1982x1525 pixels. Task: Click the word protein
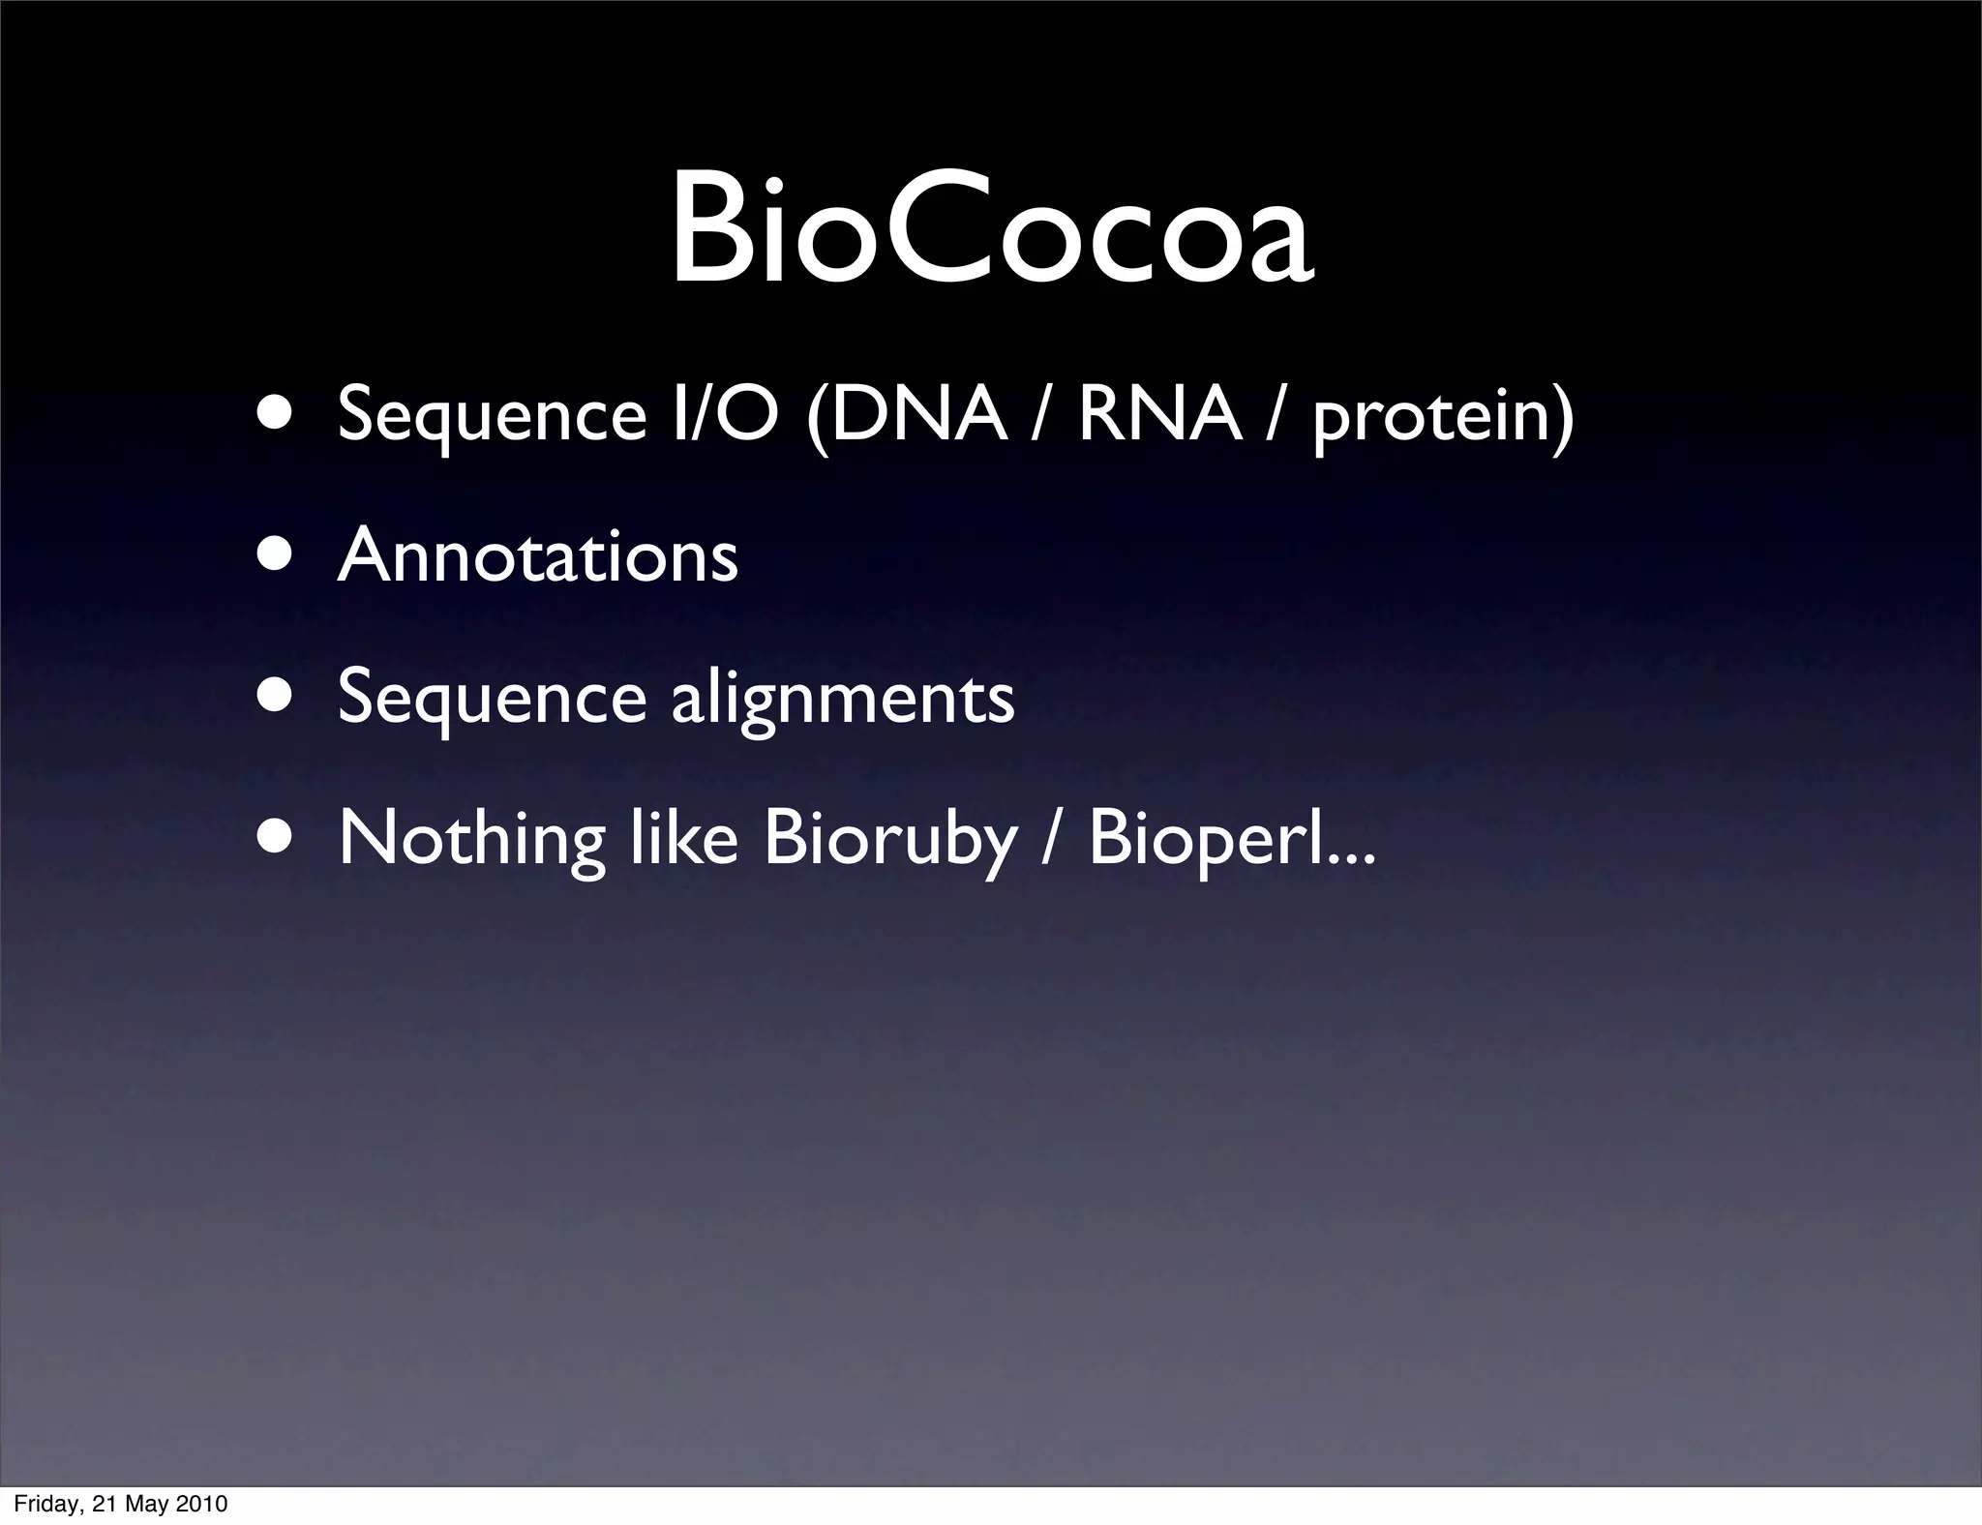1432,419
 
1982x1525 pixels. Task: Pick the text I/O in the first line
725,415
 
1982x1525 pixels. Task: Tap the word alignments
843,699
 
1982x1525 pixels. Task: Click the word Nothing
471,839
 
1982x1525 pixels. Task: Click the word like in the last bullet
683,837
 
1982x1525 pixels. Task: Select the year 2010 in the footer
201,1504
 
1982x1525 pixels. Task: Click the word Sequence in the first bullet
492,417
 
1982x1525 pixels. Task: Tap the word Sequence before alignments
492,700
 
